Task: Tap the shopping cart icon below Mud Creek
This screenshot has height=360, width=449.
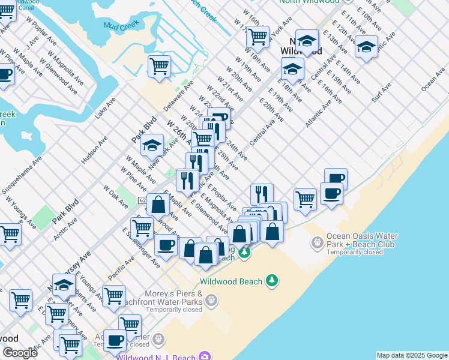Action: pos(159,65)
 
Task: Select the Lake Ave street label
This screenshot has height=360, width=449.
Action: pos(106,110)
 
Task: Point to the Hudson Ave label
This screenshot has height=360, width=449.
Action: pos(94,149)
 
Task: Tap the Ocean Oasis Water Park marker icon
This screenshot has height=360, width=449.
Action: pos(317,242)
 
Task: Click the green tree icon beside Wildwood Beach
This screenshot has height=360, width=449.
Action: pos(273,281)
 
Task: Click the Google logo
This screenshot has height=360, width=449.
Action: pos(20,353)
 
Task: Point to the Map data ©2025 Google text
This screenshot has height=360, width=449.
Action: pos(412,355)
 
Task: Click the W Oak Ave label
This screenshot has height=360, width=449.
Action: pos(115,196)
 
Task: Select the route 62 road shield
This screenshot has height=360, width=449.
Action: pos(142,200)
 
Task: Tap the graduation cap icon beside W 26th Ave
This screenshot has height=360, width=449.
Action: pos(152,145)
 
